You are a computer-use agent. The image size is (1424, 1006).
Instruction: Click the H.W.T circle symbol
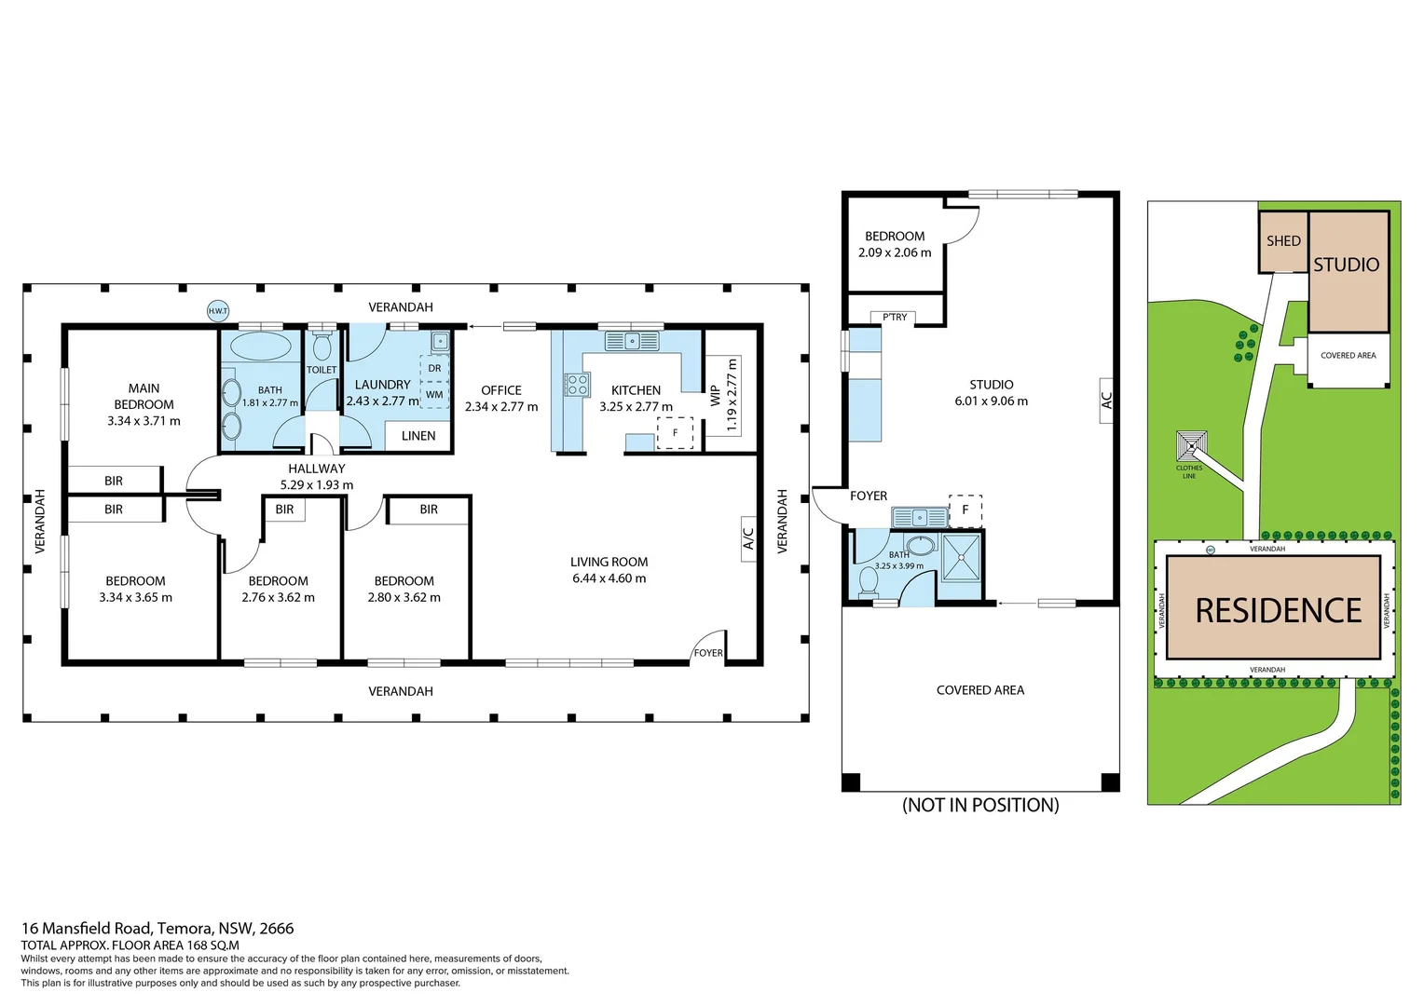(x=217, y=311)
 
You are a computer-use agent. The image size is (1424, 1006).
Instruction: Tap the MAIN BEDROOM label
(x=144, y=396)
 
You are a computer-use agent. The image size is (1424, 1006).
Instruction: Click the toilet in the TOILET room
(x=322, y=347)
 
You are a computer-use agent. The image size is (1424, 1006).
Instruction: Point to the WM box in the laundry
(x=434, y=395)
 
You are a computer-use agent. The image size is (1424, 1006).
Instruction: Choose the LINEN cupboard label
(x=418, y=436)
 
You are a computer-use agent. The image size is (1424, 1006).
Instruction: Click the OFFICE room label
(x=501, y=390)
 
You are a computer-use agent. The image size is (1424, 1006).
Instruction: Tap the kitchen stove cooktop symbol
(x=578, y=384)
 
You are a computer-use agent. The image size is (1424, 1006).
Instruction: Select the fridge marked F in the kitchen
(x=675, y=433)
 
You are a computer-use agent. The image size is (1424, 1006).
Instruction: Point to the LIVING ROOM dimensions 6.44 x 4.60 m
(x=609, y=578)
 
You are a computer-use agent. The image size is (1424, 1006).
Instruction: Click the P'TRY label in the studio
(x=895, y=318)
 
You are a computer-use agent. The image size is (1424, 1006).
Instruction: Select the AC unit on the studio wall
(x=1106, y=400)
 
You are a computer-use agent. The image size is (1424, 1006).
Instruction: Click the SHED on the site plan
(x=1282, y=241)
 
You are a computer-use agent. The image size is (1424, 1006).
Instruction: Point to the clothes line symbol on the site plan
(x=1191, y=446)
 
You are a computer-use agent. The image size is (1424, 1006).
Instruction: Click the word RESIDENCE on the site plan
(x=1278, y=610)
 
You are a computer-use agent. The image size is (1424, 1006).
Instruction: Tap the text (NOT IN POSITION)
(x=980, y=805)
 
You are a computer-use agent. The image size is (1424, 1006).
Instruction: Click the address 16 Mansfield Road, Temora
(x=157, y=928)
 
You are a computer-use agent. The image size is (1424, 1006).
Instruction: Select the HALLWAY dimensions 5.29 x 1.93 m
(x=317, y=485)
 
